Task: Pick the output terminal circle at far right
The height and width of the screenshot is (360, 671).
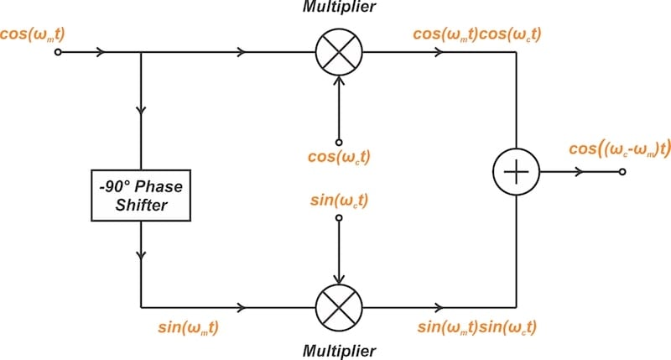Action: [622, 172]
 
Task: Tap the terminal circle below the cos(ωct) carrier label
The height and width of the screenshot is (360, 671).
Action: [338, 141]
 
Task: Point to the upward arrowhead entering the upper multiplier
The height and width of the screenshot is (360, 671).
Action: [338, 82]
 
